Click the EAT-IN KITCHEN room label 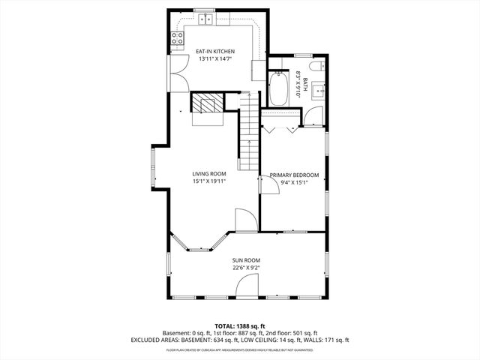tap(215, 51)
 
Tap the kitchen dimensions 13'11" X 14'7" tap(215, 58)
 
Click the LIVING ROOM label tap(209, 173)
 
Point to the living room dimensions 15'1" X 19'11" tap(209, 181)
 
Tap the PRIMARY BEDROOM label tap(294, 175)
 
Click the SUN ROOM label tap(246, 259)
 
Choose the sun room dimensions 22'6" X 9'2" tap(246, 267)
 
